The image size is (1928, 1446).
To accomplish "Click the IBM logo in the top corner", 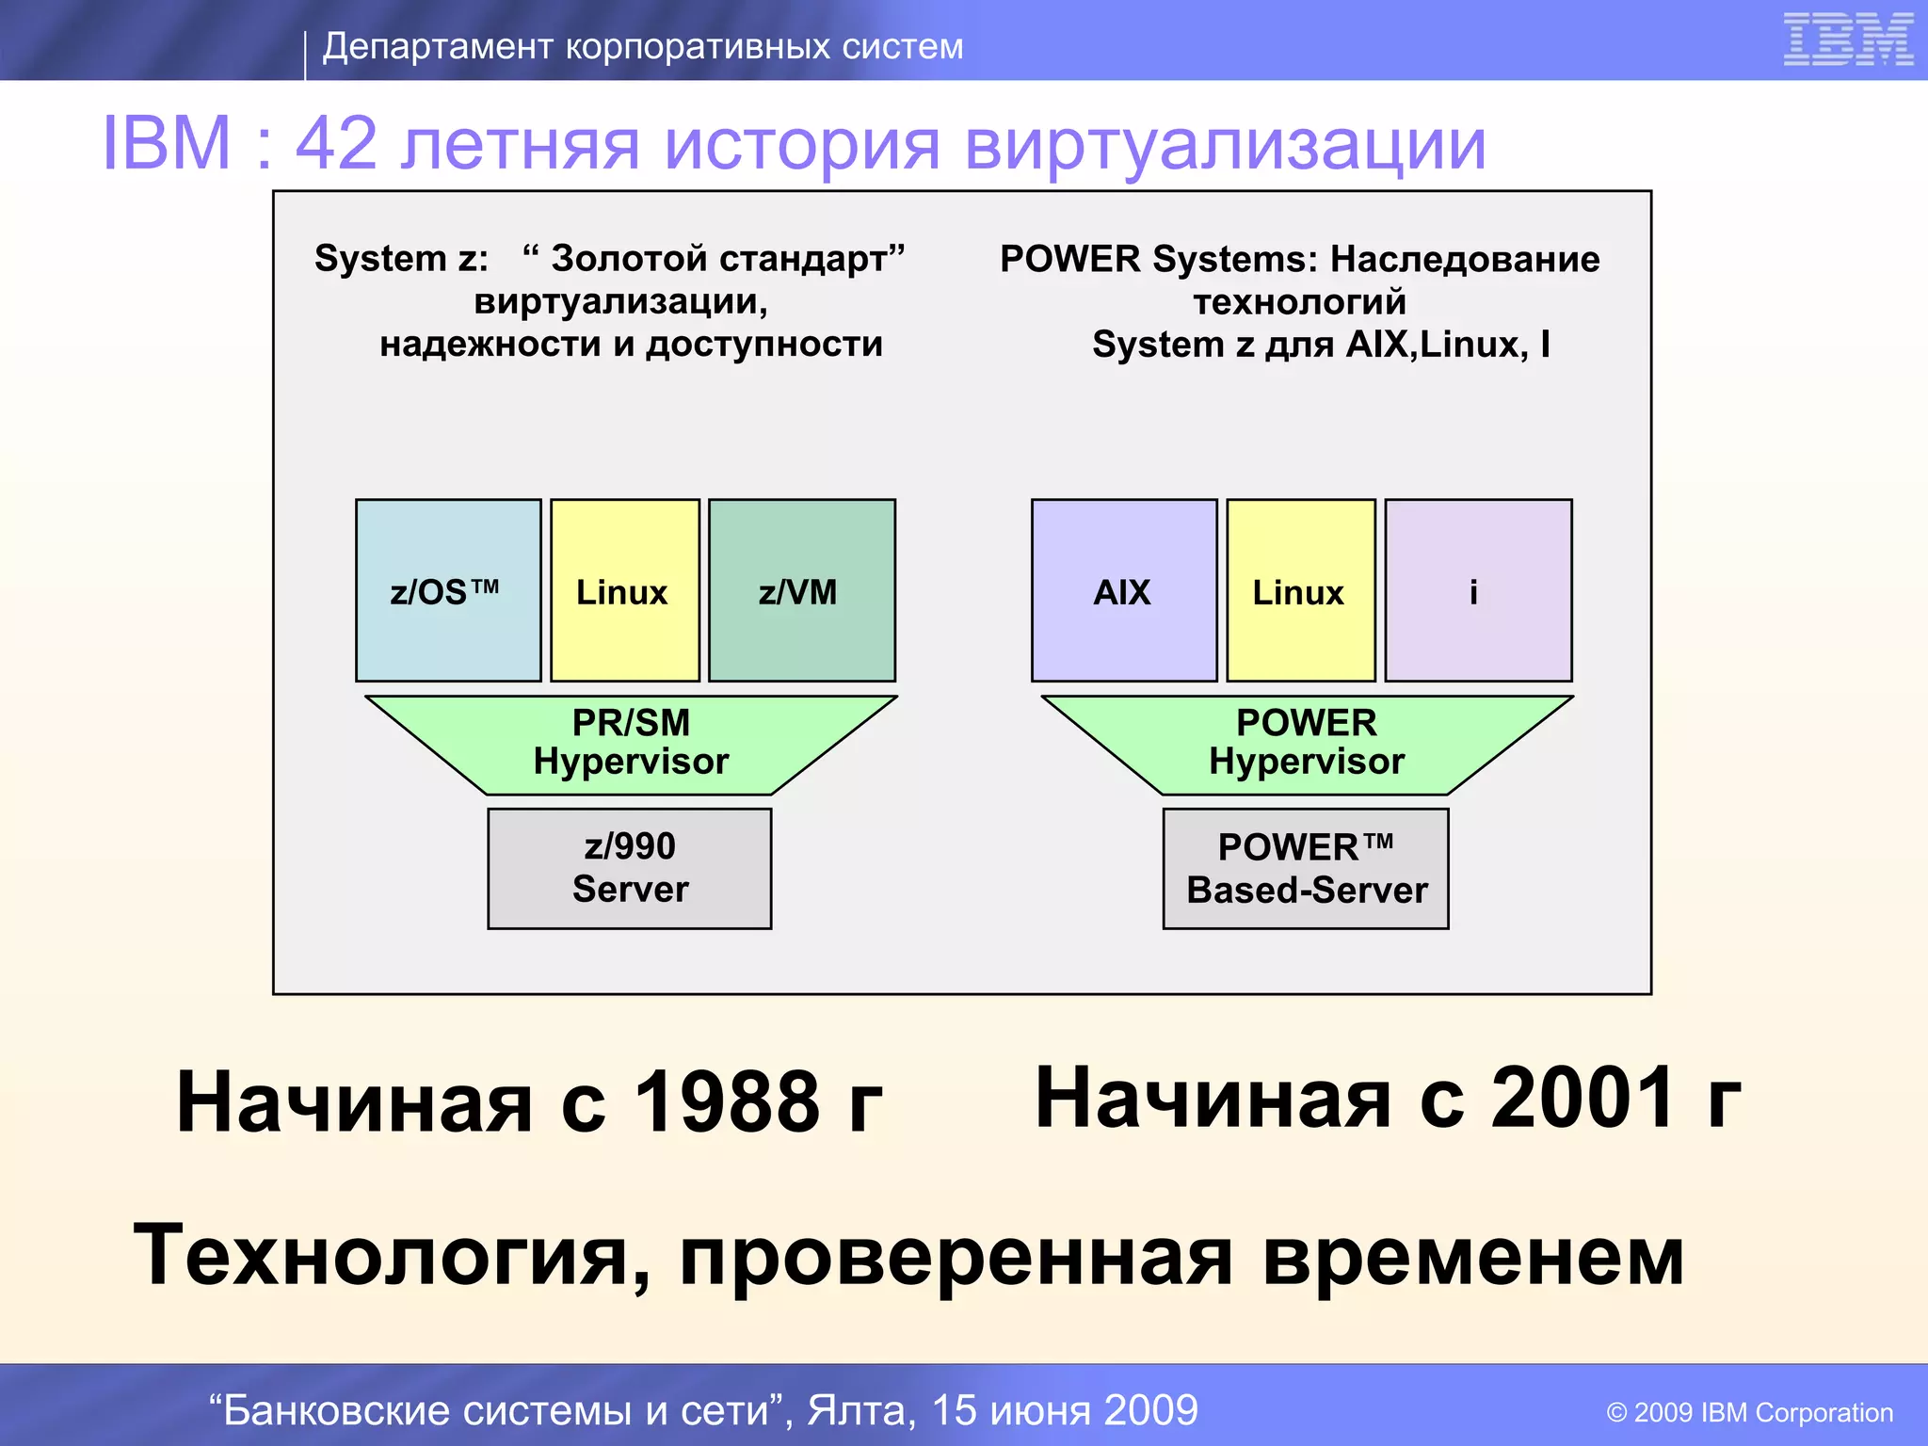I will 1847,40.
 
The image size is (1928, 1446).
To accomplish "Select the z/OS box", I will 448,591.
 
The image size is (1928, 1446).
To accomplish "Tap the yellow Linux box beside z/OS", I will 624,591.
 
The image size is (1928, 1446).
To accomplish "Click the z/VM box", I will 801,591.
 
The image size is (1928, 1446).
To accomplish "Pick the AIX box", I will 1124,591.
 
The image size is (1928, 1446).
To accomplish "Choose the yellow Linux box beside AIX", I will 1300,591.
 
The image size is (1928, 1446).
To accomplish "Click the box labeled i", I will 1477,591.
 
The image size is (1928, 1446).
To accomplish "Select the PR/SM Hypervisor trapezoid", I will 631,744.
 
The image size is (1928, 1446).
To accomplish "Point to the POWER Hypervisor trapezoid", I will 1307,744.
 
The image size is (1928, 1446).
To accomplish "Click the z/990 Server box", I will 629,868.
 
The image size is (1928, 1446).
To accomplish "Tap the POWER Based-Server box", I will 1306,868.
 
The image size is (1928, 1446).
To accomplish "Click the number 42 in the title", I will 336,144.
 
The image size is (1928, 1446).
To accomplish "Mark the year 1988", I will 727,1101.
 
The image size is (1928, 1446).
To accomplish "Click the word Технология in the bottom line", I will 380,1256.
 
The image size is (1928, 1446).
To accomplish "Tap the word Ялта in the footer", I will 861,1410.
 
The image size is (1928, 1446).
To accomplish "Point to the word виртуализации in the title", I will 1225,146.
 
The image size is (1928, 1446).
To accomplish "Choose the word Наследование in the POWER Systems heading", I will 1465,259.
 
